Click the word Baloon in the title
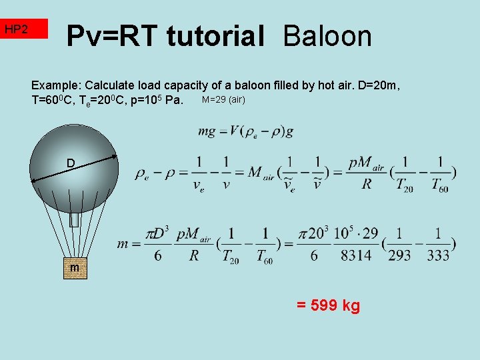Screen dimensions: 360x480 click(x=327, y=35)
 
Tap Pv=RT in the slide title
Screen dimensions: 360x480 click(x=113, y=35)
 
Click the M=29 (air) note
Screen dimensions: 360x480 click(x=223, y=100)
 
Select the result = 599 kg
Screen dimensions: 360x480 click(x=328, y=306)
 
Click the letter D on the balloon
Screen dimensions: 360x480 click(x=70, y=163)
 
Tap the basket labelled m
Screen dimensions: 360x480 click(x=74, y=267)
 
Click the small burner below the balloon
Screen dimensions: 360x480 click(x=75, y=219)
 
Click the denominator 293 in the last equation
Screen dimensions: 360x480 click(x=399, y=255)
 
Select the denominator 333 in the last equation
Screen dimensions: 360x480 click(x=438, y=255)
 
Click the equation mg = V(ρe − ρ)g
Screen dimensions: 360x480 click(x=245, y=131)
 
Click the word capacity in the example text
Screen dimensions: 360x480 click(x=189, y=86)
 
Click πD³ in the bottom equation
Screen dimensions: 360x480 click(x=159, y=235)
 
